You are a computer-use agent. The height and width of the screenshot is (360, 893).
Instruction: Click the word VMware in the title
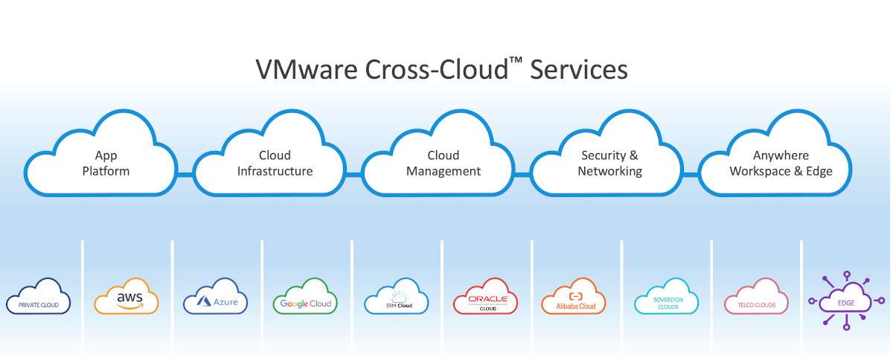tap(307, 70)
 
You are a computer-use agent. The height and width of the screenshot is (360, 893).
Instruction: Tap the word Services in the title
tap(579, 70)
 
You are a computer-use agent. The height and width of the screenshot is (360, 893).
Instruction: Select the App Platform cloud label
tap(106, 163)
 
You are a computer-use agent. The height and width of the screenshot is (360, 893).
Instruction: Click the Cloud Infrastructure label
tap(275, 163)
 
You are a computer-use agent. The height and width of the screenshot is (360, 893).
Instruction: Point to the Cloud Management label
tap(444, 163)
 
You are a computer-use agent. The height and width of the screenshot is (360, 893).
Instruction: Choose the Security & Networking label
tap(610, 163)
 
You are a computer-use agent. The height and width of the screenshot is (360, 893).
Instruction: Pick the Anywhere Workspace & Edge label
tap(781, 163)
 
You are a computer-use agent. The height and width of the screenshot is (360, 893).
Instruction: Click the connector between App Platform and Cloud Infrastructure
tap(185, 174)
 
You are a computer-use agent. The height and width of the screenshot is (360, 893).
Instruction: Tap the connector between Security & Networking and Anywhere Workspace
tap(691, 174)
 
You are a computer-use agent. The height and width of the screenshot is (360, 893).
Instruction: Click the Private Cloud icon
tap(38, 296)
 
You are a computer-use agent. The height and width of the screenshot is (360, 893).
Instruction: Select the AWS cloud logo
tap(127, 296)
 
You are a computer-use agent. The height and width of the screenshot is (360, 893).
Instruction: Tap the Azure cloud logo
tap(215, 296)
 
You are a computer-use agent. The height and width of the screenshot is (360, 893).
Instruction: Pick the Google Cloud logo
tap(305, 296)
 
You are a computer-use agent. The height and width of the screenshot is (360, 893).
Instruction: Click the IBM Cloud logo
tap(396, 296)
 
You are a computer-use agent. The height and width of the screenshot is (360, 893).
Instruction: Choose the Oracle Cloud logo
tap(485, 296)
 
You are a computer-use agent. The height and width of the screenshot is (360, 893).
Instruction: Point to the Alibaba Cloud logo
tap(574, 296)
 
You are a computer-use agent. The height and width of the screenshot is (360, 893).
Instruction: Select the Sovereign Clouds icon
tap(667, 296)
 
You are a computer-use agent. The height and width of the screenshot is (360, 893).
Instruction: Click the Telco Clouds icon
tap(756, 296)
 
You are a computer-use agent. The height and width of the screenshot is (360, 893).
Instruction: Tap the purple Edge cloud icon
tap(846, 300)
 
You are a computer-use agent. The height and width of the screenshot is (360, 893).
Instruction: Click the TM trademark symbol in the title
tap(516, 60)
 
